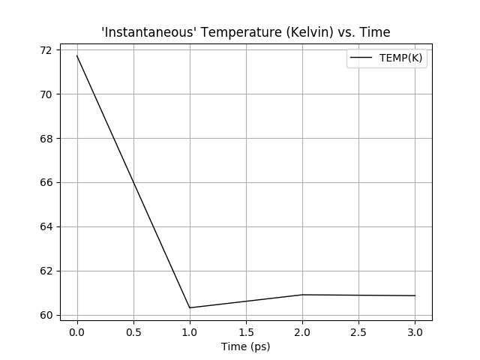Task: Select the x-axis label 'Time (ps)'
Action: [x=246, y=346]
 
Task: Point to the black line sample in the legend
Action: [x=363, y=59]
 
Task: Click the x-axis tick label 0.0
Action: [x=77, y=331]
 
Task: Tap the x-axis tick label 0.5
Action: [x=133, y=331]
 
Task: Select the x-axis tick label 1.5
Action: [x=246, y=331]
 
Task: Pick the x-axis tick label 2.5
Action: [x=358, y=331]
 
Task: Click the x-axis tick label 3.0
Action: [x=415, y=331]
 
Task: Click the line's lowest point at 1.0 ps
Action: [x=190, y=307]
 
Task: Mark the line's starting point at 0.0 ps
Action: [x=77, y=56]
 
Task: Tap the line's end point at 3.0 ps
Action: [x=415, y=295]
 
